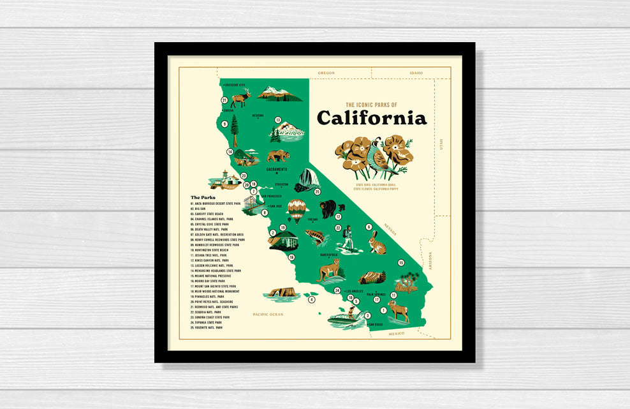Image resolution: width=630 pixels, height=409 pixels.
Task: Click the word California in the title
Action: [x=372, y=118]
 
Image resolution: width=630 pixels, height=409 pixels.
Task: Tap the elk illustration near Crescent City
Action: [x=241, y=98]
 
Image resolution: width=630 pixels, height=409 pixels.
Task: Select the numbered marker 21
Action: [x=224, y=100]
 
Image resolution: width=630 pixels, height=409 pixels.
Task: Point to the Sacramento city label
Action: [x=277, y=169]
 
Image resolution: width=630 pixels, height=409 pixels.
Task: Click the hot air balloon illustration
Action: [x=297, y=210]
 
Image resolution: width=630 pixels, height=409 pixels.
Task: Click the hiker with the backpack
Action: [x=348, y=237]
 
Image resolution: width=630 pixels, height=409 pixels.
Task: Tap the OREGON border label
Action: [x=326, y=73]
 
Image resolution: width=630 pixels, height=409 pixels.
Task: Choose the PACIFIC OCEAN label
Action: [x=267, y=314]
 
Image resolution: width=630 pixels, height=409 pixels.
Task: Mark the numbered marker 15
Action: [x=401, y=263]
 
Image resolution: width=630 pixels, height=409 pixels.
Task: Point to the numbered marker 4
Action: [x=312, y=299]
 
